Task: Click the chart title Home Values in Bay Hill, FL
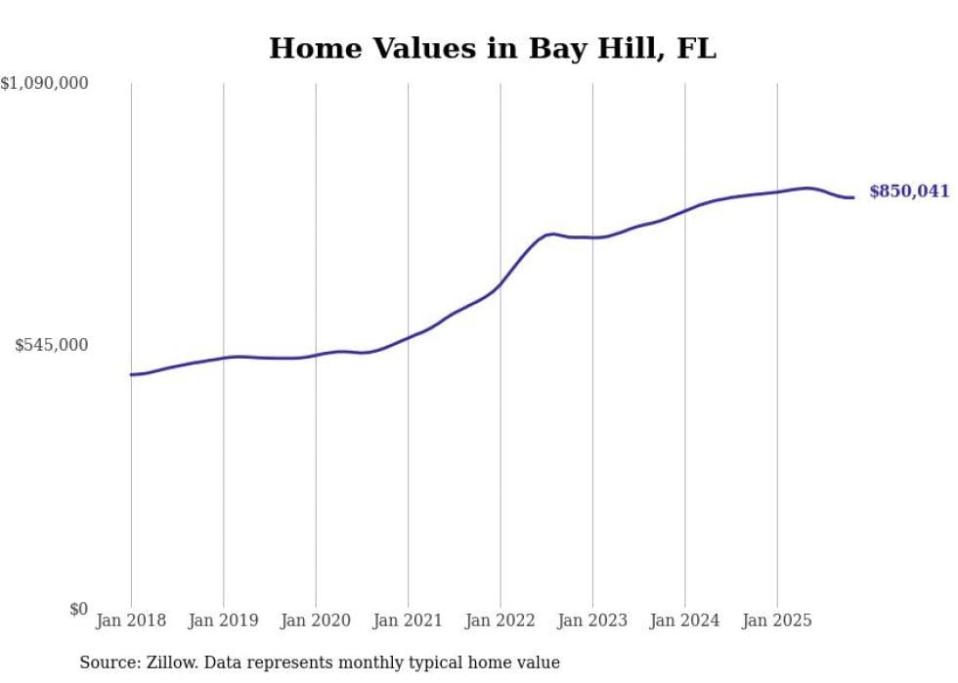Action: (x=492, y=48)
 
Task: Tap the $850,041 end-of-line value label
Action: (x=908, y=192)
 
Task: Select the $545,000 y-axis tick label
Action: (x=52, y=345)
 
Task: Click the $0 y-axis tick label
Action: (x=78, y=609)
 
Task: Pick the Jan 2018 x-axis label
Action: (x=131, y=620)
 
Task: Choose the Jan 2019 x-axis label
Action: (x=223, y=620)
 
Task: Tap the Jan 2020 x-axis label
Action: (x=316, y=620)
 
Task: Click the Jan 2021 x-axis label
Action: (x=408, y=620)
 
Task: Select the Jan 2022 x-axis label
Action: (x=500, y=620)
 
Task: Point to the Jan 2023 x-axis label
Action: (x=592, y=620)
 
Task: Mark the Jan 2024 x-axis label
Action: (x=684, y=620)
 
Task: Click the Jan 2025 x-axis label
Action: (x=777, y=620)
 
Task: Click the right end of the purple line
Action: (x=853, y=197)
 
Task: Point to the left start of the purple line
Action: (x=131, y=374)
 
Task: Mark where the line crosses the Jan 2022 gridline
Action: (x=500, y=284)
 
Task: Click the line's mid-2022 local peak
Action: (x=552, y=234)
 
